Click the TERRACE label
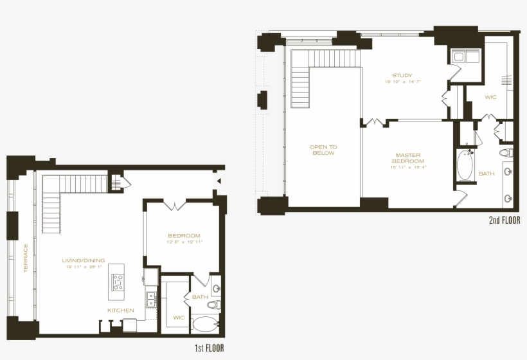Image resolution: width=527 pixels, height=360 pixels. point(26,258)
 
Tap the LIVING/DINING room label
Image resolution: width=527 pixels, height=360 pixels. point(84,260)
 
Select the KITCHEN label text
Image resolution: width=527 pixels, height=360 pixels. point(121,310)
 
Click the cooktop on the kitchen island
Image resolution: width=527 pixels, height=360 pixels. point(118,282)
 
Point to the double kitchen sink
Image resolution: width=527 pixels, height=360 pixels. point(151,299)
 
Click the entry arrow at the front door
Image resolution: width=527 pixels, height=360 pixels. point(219,182)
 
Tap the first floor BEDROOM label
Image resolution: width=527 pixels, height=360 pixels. point(184,235)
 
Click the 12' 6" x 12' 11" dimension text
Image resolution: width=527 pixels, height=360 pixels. point(184,242)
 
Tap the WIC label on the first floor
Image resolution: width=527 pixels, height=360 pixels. point(178,317)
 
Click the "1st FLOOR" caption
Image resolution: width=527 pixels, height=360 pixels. point(209,348)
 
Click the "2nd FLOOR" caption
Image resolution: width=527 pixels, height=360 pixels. point(504,221)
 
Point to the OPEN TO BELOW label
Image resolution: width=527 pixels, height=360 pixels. point(324,150)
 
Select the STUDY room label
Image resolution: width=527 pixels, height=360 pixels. point(402,75)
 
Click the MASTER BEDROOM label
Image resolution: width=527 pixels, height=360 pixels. point(407,157)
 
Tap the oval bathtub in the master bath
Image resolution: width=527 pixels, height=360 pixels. point(464,166)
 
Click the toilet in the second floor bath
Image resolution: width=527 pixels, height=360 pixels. point(506,153)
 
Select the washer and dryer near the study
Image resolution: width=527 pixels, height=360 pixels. point(465,57)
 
